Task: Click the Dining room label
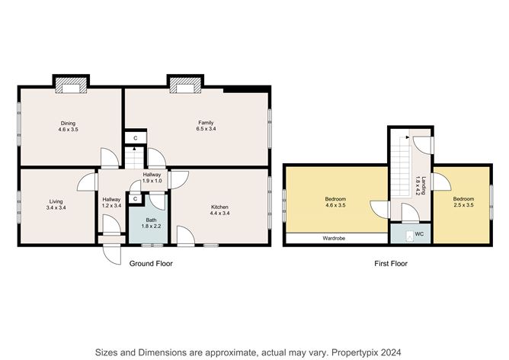pos(68,123)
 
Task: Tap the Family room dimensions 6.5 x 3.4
pos(206,129)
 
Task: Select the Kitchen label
pos(219,207)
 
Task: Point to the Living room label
pos(56,201)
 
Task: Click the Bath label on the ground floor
pos(152,220)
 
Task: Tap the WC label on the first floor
pos(419,234)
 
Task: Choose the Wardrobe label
pos(334,238)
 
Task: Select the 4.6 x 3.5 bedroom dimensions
pos(335,205)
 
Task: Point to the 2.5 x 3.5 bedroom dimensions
pos(463,205)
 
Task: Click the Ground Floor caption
pos(151,263)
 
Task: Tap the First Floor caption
pos(391,263)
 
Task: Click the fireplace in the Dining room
pos(71,85)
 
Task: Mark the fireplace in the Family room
pos(185,85)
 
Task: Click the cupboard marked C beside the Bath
pos(136,199)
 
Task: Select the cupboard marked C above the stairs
pos(136,138)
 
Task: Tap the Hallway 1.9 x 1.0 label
pos(152,178)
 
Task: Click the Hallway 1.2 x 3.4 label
pos(111,202)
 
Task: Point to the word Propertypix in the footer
pos(354,352)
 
